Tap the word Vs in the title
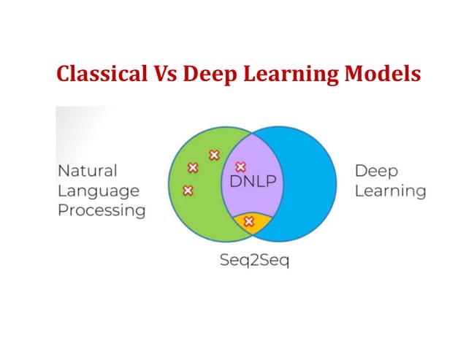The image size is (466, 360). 161,74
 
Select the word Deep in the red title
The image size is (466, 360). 208,74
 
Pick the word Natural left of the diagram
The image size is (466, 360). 87,171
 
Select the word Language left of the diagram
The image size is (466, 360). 98,191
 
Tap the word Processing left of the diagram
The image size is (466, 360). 101,211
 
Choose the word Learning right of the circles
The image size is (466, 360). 390,191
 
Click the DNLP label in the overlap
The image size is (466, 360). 253,181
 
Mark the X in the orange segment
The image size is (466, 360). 248,221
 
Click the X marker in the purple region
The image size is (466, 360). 240,167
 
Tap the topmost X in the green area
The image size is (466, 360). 214,155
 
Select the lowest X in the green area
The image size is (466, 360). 187,191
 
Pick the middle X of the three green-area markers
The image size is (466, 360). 193,168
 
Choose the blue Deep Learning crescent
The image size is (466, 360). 307,183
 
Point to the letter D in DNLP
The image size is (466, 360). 236,181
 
